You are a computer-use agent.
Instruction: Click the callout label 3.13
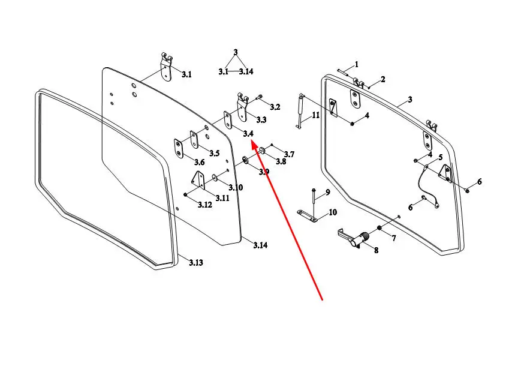pos(196,262)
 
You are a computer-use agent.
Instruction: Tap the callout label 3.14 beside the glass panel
pos(260,245)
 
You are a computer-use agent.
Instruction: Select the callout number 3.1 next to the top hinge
pos(186,74)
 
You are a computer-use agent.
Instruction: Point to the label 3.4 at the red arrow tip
pos(248,133)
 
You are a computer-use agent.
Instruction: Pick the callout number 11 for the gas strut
pos(315,115)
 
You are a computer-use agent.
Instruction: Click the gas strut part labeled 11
pos(300,111)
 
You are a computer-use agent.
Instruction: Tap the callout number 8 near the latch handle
pos(376,250)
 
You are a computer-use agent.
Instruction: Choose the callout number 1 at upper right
pos(356,64)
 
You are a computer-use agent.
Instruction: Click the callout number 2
pos(383,79)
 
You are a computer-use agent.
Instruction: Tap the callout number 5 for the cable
pos(441,157)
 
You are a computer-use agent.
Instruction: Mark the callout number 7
pos(394,238)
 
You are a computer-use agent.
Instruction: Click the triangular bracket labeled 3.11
pos(198,180)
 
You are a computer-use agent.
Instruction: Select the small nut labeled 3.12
pos(185,195)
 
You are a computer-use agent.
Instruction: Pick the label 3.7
pos(289,154)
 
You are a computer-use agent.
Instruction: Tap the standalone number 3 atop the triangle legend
pos(236,52)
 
